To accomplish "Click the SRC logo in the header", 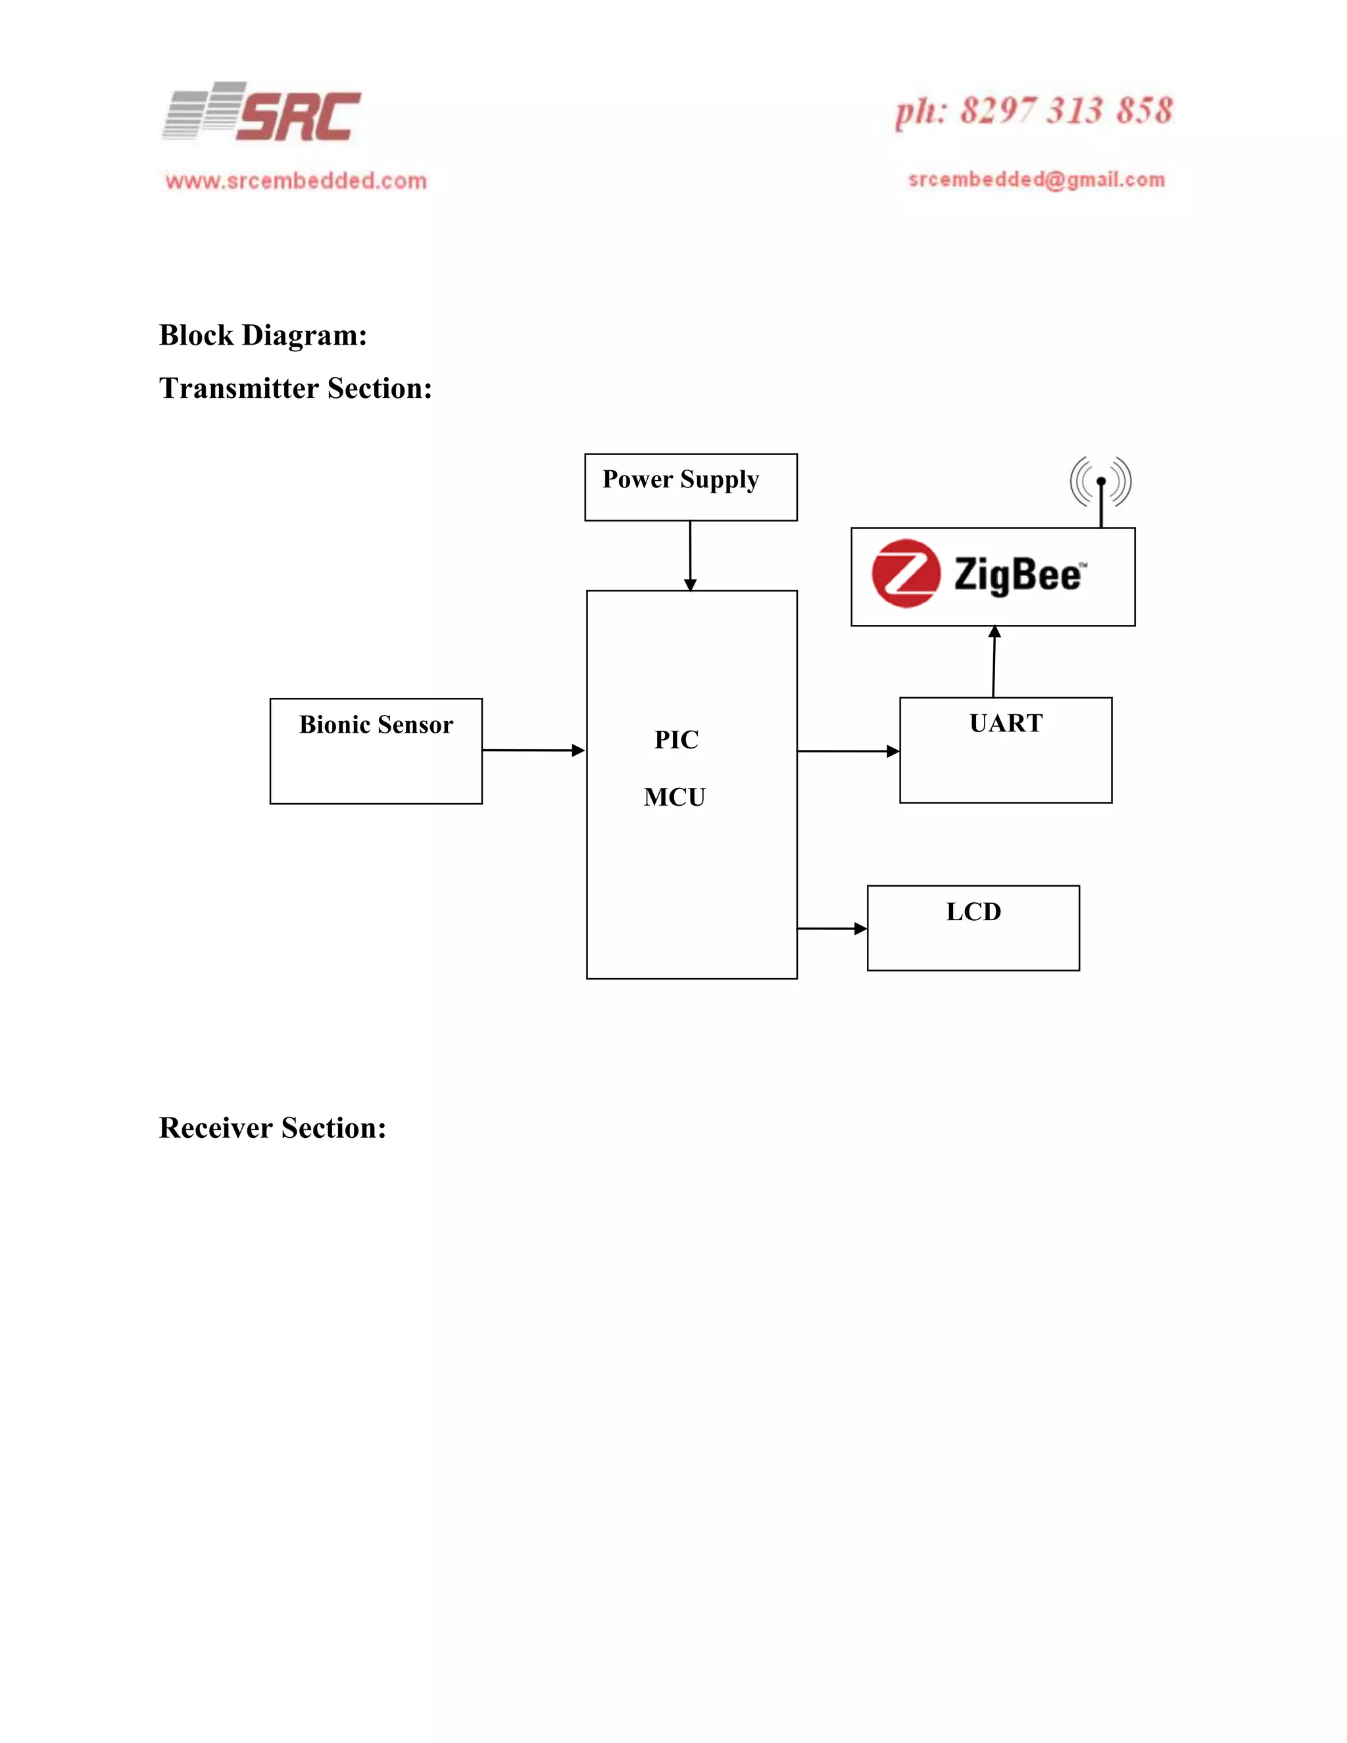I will click(x=262, y=113).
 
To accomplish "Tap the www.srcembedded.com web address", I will click(x=296, y=181).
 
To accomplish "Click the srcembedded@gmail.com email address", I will click(x=1037, y=180).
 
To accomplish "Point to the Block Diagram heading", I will click(x=262, y=335).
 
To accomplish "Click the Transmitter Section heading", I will click(x=295, y=389).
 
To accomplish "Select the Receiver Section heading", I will click(x=272, y=1127).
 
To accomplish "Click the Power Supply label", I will click(x=680, y=479).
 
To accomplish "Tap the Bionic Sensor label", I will click(x=376, y=725).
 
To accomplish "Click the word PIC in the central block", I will click(x=676, y=740).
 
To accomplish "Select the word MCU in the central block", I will click(x=674, y=797).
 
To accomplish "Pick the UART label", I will click(x=1006, y=723).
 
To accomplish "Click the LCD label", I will click(x=973, y=912).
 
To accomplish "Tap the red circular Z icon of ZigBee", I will click(x=905, y=573).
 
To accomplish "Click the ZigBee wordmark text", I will click(x=1019, y=575).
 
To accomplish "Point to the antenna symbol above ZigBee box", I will click(x=1100, y=487).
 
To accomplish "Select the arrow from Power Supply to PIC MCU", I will click(x=690, y=556).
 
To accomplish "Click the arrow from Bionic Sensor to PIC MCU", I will click(x=533, y=750).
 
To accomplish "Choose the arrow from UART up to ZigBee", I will click(x=994, y=662).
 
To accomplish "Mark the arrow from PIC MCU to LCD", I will click(x=831, y=928).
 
